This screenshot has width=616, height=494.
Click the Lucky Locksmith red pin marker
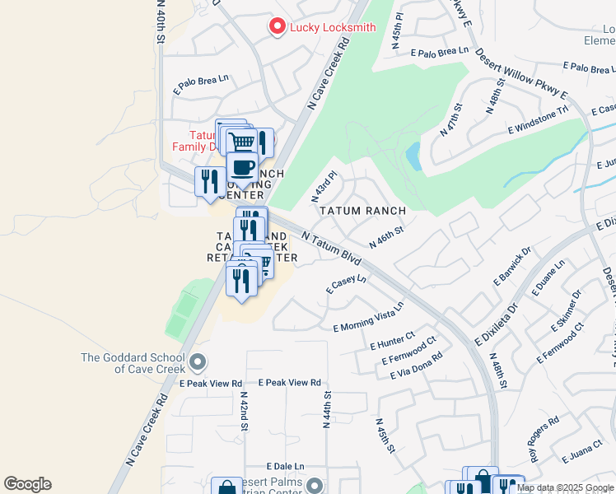[278, 27]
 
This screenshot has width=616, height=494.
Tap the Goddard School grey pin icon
[197, 361]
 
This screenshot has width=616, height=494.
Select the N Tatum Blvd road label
[332, 249]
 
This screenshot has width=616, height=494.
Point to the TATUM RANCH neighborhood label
[362, 211]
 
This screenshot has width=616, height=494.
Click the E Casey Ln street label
[346, 284]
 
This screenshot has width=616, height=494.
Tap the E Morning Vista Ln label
[368, 317]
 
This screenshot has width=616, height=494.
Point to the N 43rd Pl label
[324, 186]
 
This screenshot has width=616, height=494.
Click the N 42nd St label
[244, 419]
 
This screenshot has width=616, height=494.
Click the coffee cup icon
[242, 169]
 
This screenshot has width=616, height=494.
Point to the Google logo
[27, 484]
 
